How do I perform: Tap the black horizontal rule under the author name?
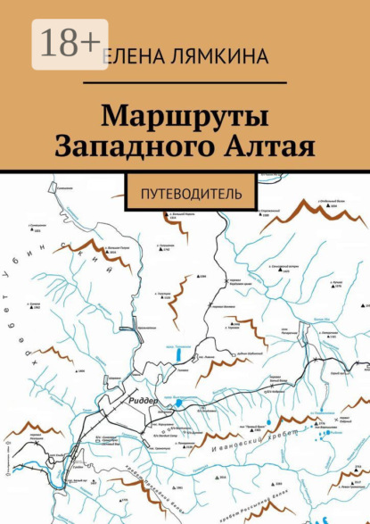tap(185, 81)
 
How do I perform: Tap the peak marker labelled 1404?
tap(75, 370)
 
